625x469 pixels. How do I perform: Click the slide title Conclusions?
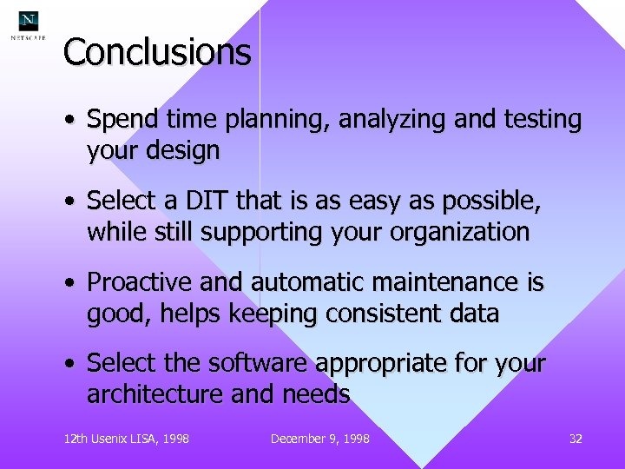(x=157, y=52)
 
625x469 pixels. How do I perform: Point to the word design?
(x=183, y=151)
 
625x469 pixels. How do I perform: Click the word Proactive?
(x=141, y=282)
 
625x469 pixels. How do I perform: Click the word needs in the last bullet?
(x=318, y=394)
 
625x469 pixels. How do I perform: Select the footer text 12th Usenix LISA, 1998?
(x=126, y=439)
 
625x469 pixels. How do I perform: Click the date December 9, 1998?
(x=319, y=439)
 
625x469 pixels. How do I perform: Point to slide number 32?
(x=575, y=439)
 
